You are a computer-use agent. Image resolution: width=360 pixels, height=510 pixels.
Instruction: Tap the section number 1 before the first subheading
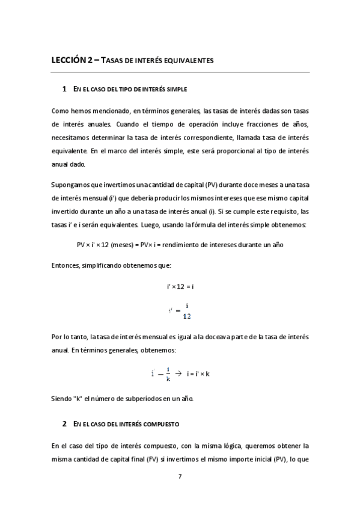64,90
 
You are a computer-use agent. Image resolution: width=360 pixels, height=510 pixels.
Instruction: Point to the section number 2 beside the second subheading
64,424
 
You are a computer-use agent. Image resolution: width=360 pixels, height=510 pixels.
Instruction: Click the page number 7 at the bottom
180,476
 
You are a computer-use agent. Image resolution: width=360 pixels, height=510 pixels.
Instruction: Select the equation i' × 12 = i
180,287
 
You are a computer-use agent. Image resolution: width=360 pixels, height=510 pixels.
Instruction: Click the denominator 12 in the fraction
186,316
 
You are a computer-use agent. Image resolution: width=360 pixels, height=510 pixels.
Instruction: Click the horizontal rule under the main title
180,73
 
